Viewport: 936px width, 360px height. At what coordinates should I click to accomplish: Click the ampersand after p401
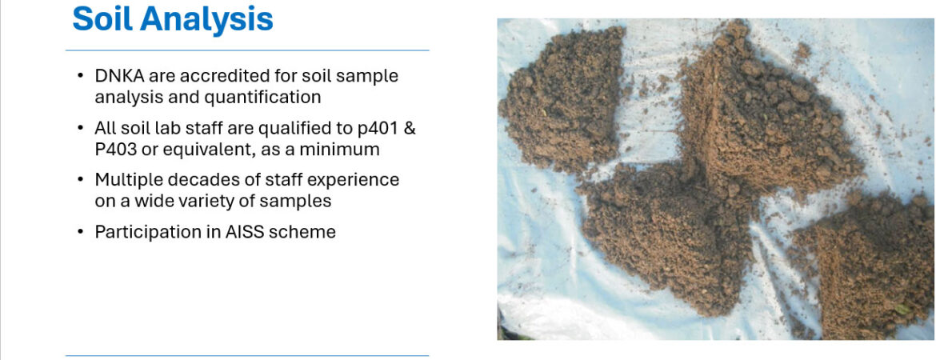[410, 128]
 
